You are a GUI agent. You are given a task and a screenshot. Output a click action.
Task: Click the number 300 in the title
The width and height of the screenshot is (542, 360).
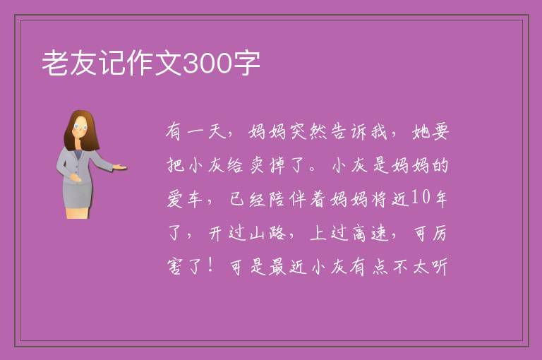click(207, 63)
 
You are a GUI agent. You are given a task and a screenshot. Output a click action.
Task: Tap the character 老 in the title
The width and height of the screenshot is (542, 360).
click(55, 63)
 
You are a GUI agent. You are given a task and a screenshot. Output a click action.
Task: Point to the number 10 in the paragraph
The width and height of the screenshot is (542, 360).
click(421, 198)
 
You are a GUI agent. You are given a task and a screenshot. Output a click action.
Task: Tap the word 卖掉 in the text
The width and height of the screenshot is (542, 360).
click(268, 164)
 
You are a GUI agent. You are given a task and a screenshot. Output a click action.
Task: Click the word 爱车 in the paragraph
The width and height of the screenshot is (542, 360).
click(185, 198)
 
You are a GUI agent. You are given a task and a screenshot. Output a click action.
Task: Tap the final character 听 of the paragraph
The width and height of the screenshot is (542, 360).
click(439, 266)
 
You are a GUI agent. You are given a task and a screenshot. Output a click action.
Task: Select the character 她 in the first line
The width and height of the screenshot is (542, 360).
click(421, 131)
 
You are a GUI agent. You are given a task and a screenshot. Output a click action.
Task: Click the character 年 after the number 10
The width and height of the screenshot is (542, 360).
click(440, 198)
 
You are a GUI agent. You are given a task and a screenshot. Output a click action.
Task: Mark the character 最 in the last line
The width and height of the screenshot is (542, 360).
click(278, 266)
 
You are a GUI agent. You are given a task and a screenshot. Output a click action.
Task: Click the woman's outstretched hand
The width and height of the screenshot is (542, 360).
click(119, 167)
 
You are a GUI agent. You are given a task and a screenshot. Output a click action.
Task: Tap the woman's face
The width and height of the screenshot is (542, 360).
click(80, 126)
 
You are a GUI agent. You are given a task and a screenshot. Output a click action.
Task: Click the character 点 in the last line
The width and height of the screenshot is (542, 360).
click(380, 266)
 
